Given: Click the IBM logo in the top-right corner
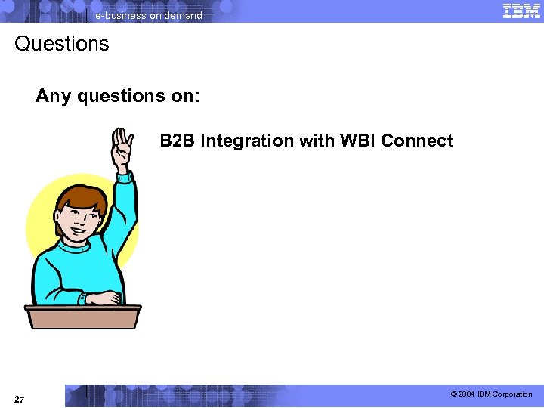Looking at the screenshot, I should click(521, 11).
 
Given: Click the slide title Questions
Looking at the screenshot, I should click(61, 44).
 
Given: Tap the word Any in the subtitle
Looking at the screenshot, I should click(53, 97).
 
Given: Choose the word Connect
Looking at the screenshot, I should click(417, 141).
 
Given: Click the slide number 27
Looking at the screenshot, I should click(20, 398).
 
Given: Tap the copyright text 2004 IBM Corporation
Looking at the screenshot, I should click(495, 394).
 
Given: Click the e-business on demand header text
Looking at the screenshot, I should click(148, 15).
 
